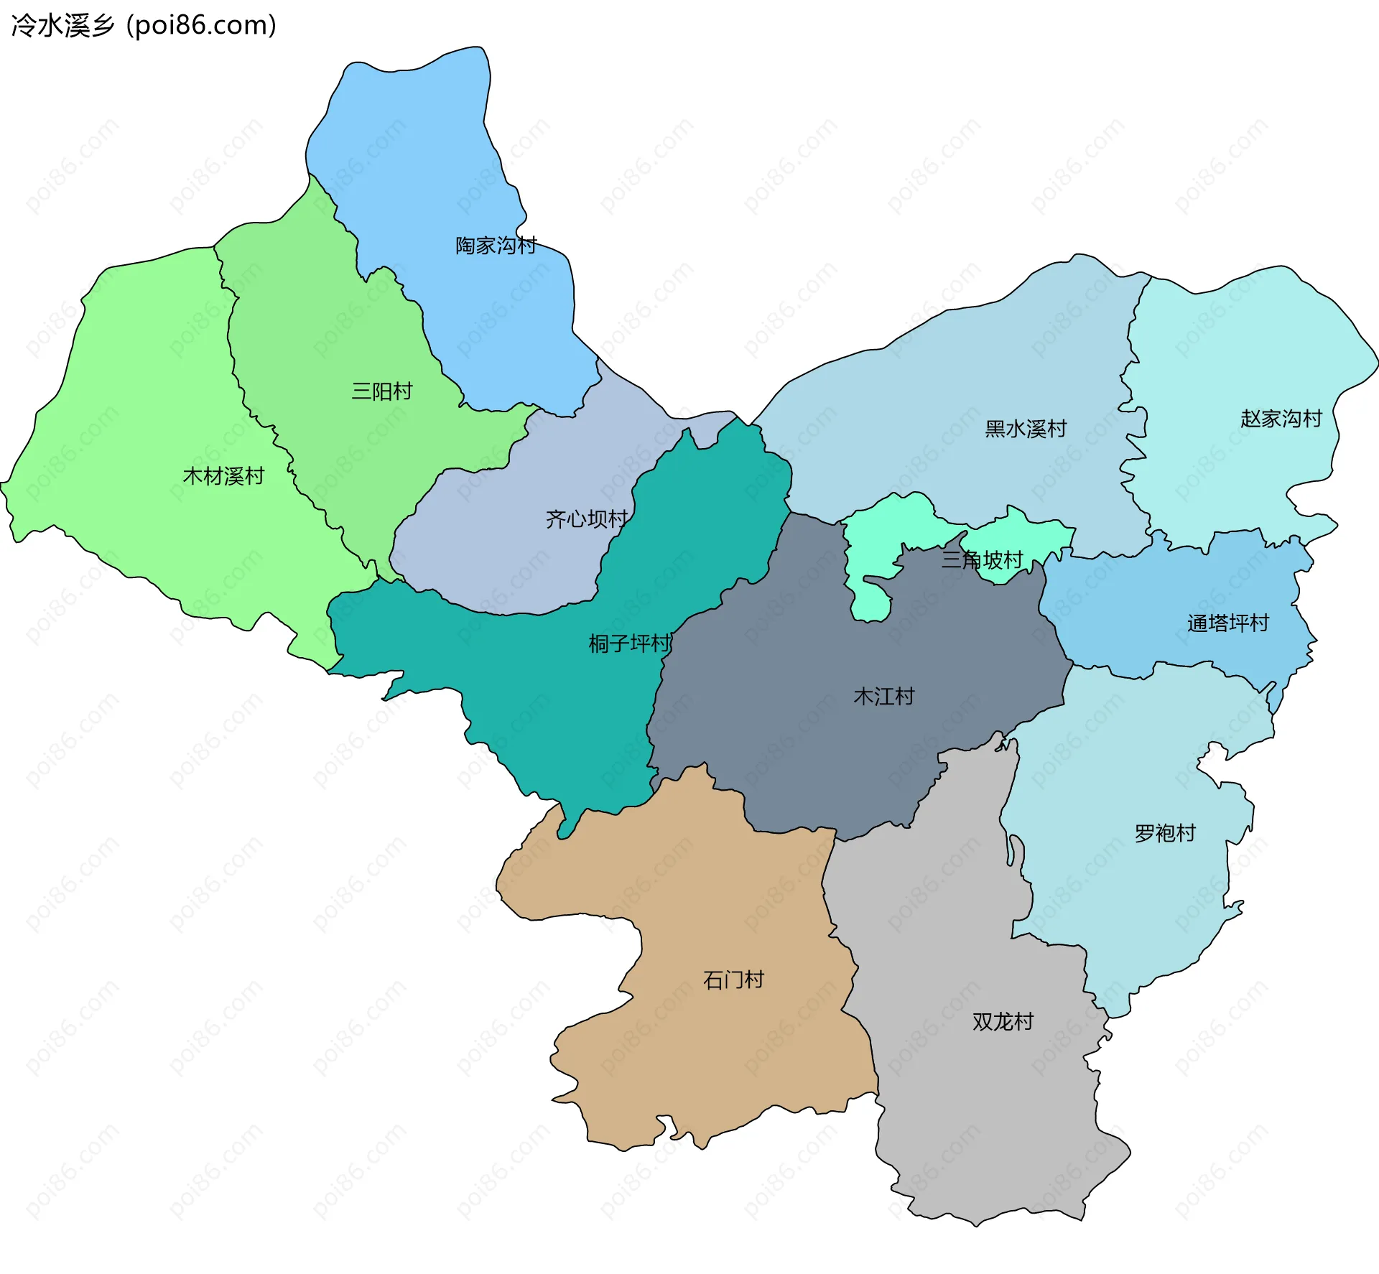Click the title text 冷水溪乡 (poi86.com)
[144, 26]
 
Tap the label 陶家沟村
[496, 246]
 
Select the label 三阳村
[381, 391]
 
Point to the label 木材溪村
[223, 476]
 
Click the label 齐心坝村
[587, 519]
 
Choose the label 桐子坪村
[630, 643]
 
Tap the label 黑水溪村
[1026, 429]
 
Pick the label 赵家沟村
[1281, 419]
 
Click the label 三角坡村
[982, 560]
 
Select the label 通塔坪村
[1227, 623]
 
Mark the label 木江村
[883, 697]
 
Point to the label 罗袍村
[1164, 834]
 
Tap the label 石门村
[733, 980]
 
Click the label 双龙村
[1003, 1022]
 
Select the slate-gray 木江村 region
[826, 754]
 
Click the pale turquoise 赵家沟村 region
[1235, 345]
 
